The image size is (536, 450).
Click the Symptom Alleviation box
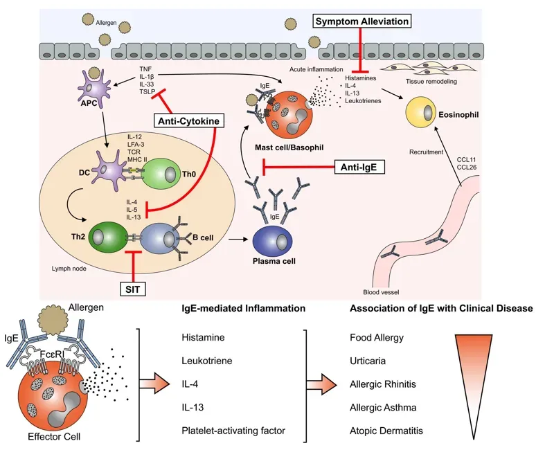pyautogui.click(x=362, y=21)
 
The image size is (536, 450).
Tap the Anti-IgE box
pyautogui.click(x=359, y=167)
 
